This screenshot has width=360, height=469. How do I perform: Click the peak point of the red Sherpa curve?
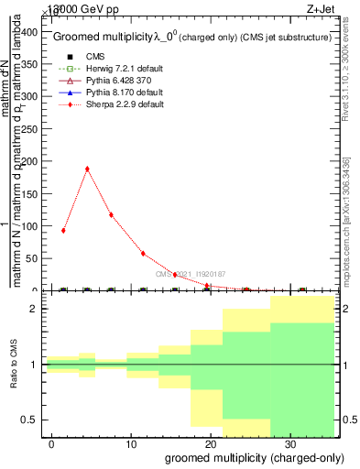click(87, 169)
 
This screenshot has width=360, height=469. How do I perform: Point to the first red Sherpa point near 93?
click(63, 230)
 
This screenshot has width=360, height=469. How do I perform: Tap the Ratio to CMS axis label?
click(13, 364)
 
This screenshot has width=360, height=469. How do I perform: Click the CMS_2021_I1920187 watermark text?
click(190, 274)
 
